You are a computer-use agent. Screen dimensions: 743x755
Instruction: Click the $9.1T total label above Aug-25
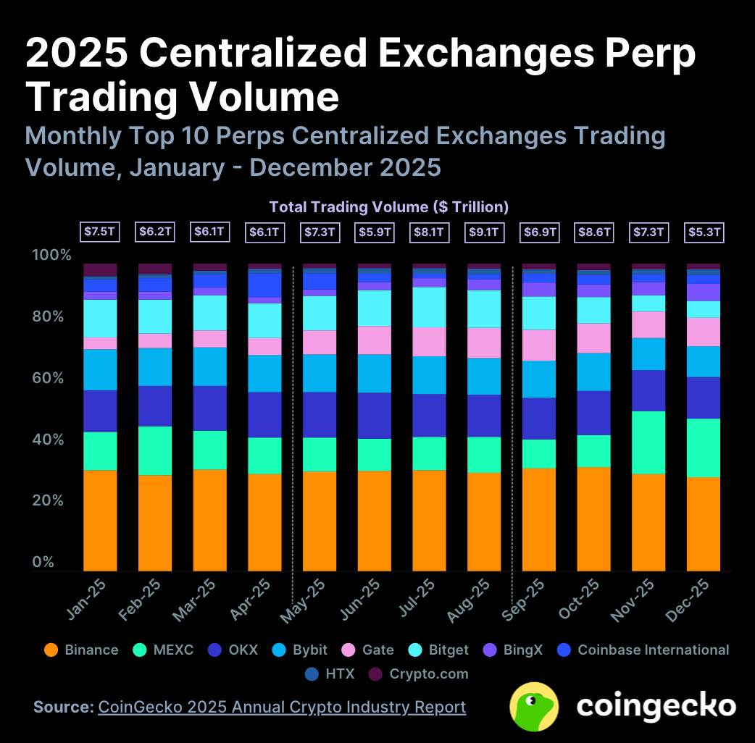pyautogui.click(x=483, y=232)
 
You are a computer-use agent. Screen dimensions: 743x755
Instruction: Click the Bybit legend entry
pyautogui.click(x=300, y=650)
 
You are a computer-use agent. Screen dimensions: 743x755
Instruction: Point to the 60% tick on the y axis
pyautogui.click(x=51, y=378)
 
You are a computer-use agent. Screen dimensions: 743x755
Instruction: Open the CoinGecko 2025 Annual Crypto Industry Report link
pyautogui.click(x=282, y=707)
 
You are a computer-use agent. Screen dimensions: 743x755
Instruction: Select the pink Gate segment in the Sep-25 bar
pyautogui.click(x=538, y=345)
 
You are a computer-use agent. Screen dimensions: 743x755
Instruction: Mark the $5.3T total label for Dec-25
pyautogui.click(x=703, y=232)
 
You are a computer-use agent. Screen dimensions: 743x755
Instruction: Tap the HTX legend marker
pyautogui.click(x=312, y=673)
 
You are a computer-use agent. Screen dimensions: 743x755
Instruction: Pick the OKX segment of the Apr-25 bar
pyautogui.click(x=264, y=414)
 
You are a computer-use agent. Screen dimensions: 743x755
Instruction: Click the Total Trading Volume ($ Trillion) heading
pyautogui.click(x=389, y=207)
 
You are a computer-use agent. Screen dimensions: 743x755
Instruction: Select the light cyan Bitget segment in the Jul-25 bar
pyautogui.click(x=429, y=307)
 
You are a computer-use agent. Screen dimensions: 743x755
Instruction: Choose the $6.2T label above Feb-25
pyautogui.click(x=154, y=232)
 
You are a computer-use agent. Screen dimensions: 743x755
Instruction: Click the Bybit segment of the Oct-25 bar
pyautogui.click(x=593, y=371)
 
